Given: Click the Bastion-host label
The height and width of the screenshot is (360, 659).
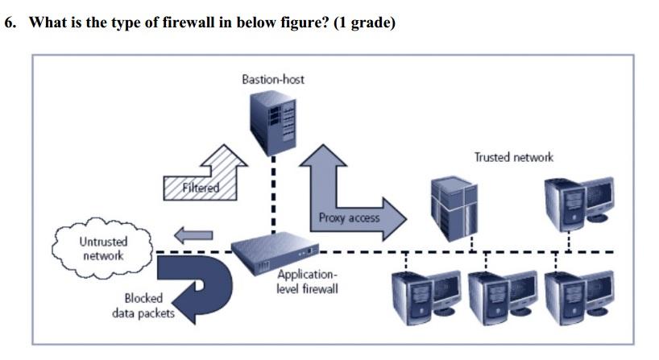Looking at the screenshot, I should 272,79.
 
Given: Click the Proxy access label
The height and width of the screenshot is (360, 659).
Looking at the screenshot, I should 348,217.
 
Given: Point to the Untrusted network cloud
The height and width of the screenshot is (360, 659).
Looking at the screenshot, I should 102,248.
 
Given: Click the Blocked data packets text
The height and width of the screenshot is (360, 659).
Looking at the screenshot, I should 143,305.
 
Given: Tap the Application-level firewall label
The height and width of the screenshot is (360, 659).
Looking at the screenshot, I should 307,282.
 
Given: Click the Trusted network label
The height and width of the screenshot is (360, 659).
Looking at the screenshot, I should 513,157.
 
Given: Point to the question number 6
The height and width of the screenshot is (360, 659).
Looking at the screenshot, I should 10,23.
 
